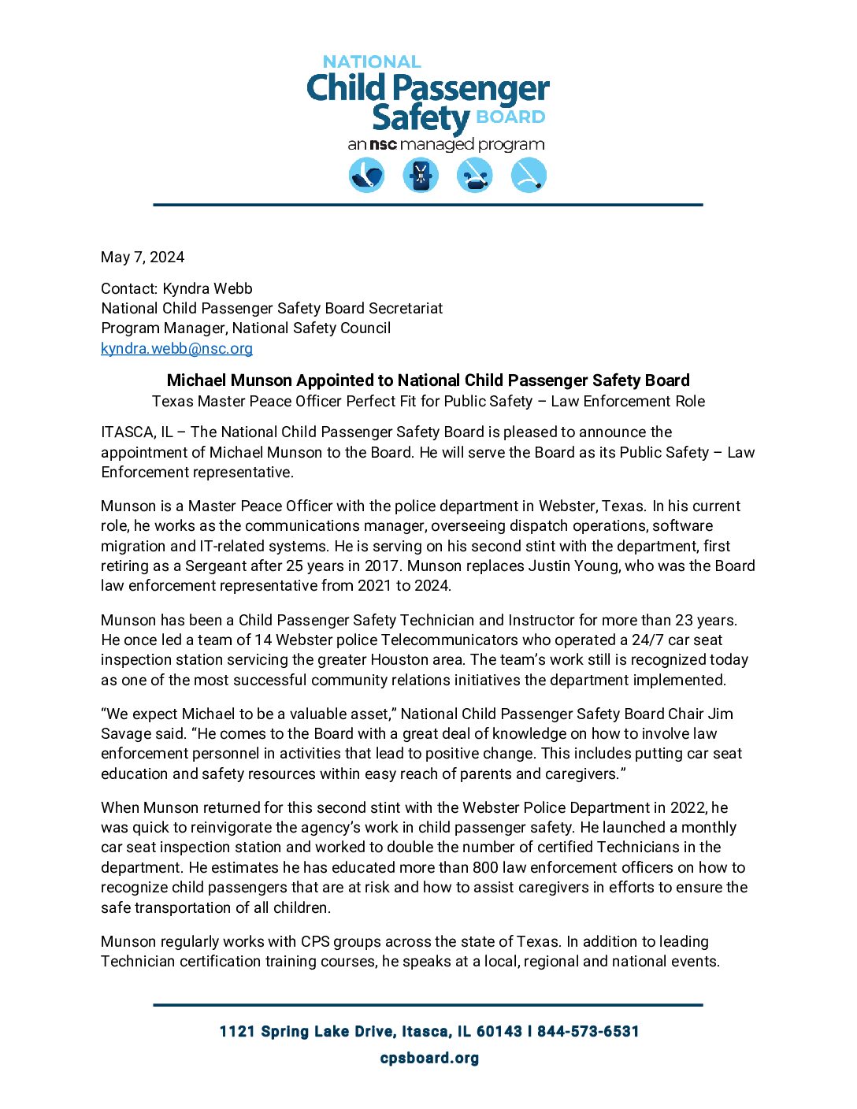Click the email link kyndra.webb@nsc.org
[x=176, y=348]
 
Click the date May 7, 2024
[x=143, y=258]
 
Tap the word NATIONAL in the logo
[x=372, y=61]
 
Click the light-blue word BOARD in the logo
[x=510, y=117]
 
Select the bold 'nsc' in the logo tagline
[x=384, y=145]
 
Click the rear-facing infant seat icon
[x=366, y=175]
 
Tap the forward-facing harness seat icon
[x=421, y=175]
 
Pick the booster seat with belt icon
[x=475, y=175]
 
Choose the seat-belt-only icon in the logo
[x=529, y=175]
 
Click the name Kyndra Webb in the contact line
[x=208, y=289]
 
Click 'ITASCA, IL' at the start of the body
[x=136, y=432]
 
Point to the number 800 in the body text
[x=485, y=868]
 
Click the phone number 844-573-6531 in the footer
[x=588, y=1032]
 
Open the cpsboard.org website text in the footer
[x=429, y=1058]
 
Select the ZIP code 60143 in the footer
[x=499, y=1032]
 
